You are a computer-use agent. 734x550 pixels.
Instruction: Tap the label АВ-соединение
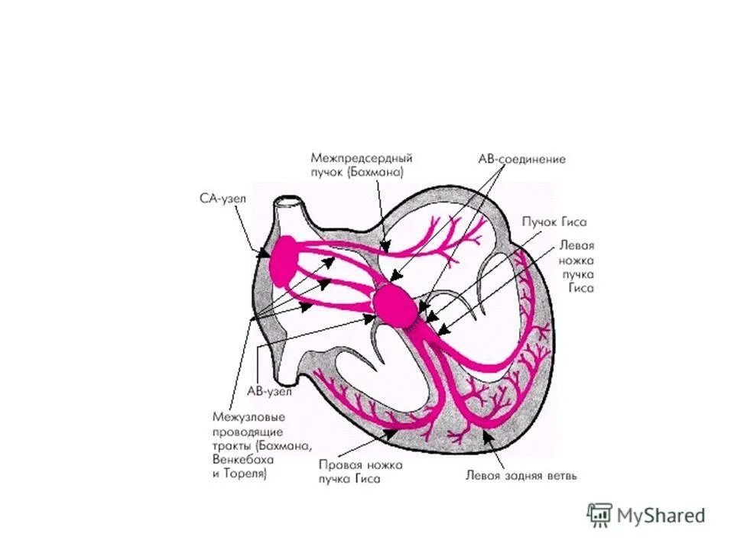pos(521,160)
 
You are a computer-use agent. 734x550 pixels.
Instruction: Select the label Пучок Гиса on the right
pos(554,222)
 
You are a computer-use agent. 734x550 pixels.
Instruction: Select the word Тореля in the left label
pos(245,474)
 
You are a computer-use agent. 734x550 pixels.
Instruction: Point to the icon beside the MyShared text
pos(599,515)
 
